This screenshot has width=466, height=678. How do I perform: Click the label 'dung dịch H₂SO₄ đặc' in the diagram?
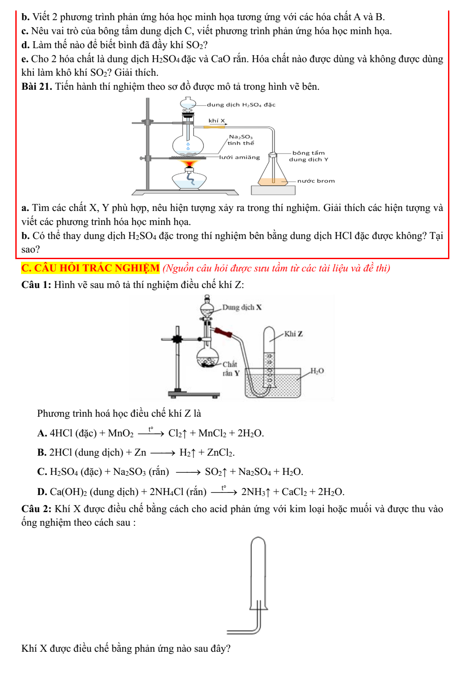[241, 105]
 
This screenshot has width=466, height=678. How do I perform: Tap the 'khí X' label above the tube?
[216, 120]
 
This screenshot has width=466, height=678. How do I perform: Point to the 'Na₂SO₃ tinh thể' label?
[240, 140]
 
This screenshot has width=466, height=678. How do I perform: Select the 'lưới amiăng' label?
[239, 157]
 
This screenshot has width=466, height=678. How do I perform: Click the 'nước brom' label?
[316, 181]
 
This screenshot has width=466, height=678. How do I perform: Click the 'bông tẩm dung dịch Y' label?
[308, 156]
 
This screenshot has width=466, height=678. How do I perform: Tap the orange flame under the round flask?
[189, 164]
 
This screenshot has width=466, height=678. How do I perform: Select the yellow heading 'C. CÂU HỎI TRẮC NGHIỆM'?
[91, 268]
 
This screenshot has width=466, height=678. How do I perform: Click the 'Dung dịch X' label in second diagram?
[242, 307]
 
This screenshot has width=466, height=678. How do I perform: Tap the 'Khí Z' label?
[293, 334]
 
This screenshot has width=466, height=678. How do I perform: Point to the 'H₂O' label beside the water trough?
[317, 371]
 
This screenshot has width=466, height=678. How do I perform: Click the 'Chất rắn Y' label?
[230, 369]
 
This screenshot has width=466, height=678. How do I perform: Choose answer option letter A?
[42, 433]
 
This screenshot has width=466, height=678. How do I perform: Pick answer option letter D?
[42, 492]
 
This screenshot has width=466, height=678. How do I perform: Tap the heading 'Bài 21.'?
[37, 87]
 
